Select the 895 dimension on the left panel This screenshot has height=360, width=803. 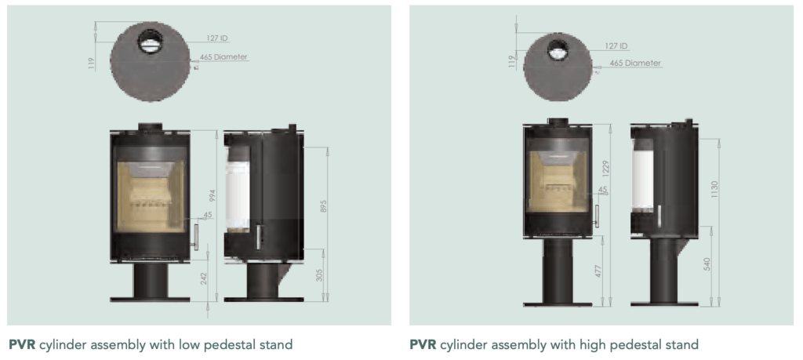click(x=323, y=206)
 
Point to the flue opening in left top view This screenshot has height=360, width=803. click(x=148, y=43)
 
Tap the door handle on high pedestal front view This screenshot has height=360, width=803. click(x=595, y=216)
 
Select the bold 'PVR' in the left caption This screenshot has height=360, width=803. click(x=24, y=344)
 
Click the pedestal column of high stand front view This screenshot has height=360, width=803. click(x=559, y=271)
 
